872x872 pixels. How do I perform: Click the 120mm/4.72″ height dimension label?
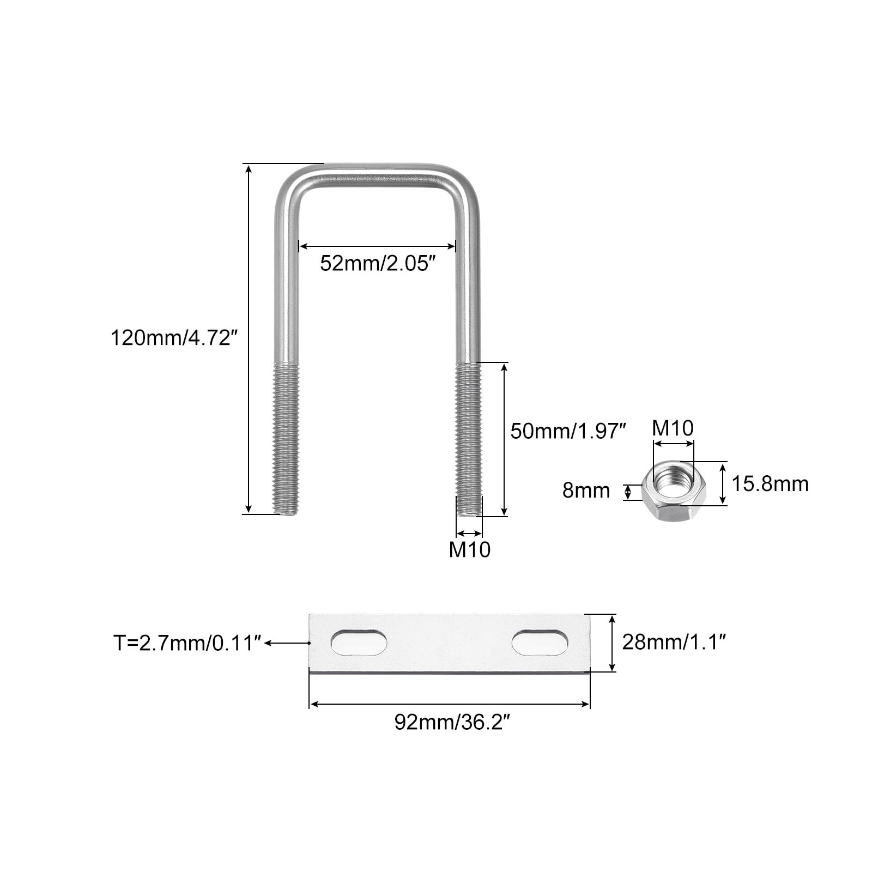click(x=174, y=338)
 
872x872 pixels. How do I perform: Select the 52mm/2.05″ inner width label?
click(x=378, y=264)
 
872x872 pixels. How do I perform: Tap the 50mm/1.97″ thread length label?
click(x=566, y=431)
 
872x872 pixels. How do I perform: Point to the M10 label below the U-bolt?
click(x=469, y=550)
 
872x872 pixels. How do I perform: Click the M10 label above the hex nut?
click(x=673, y=428)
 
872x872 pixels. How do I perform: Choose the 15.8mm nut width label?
click(x=770, y=484)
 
